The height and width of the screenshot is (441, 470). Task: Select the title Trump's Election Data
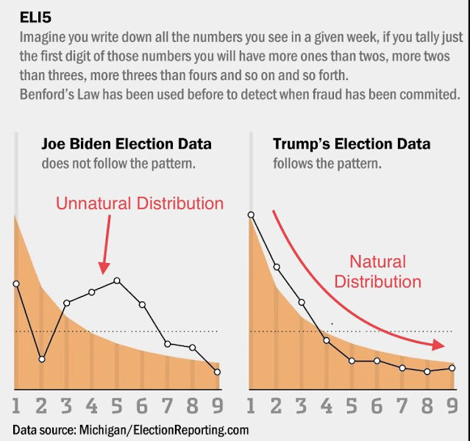[351, 144]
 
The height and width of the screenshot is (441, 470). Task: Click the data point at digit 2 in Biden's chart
[42, 359]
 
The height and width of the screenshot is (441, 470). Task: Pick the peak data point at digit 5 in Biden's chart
[117, 281]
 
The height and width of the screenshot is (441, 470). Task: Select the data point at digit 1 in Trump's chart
[251, 215]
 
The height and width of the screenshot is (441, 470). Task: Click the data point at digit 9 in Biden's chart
[218, 372]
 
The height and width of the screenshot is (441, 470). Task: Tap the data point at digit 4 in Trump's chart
[327, 341]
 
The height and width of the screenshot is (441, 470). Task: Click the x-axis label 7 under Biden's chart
[167, 405]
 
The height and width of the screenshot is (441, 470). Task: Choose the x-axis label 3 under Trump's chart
[302, 405]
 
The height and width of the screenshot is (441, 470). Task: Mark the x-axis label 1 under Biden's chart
[15, 405]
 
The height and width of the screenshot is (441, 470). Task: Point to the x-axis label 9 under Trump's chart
[452, 405]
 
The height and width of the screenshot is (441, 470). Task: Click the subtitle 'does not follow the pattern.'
[118, 163]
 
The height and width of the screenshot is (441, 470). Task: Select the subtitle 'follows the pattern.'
[327, 163]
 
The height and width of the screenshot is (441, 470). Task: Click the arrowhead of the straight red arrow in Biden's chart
[104, 265]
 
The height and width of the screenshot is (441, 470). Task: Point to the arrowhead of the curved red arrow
[440, 344]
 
